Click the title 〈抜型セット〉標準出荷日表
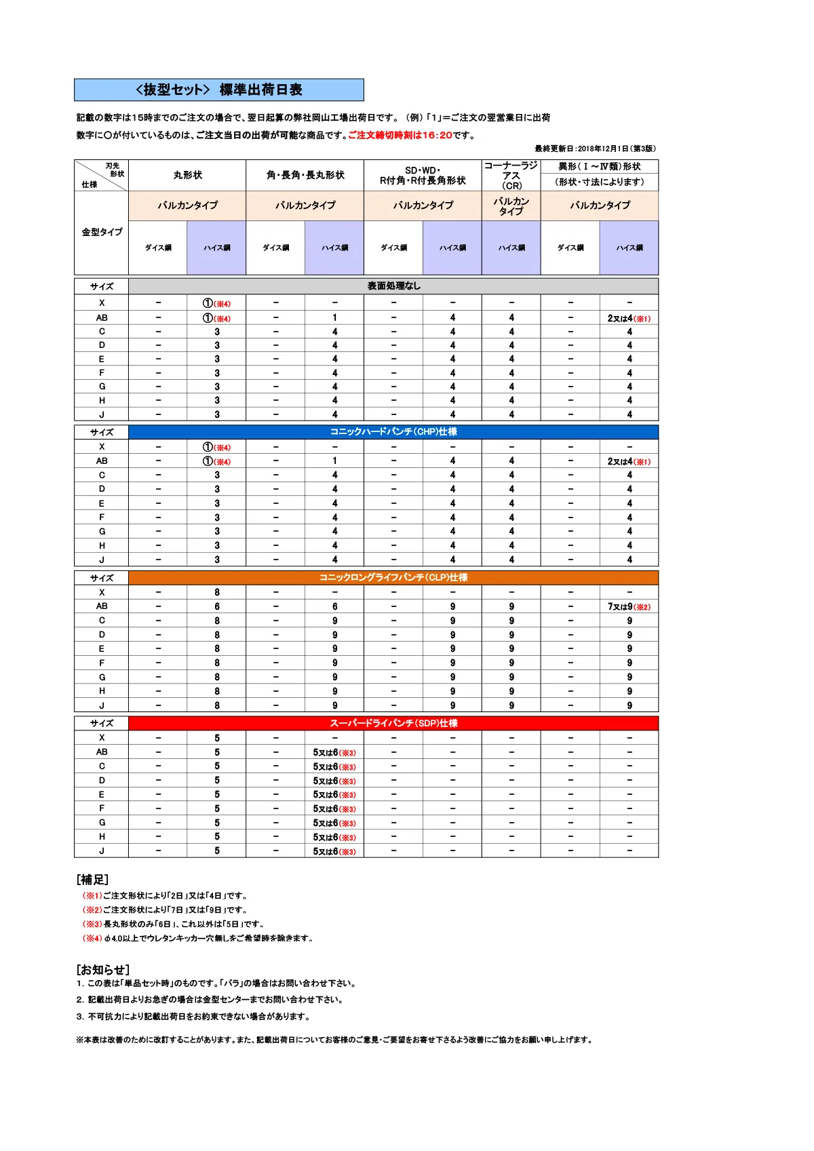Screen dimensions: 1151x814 click(218, 90)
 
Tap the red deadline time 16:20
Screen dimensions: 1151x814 click(437, 135)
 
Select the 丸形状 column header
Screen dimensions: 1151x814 click(187, 175)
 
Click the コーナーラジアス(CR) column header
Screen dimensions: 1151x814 click(511, 175)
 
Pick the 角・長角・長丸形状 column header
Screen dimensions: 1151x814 click(305, 175)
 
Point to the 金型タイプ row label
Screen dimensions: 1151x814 click(102, 232)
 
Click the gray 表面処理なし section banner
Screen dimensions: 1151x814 click(393, 286)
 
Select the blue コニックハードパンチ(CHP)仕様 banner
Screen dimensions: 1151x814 click(393, 431)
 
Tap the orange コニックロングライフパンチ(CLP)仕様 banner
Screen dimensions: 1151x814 click(393, 577)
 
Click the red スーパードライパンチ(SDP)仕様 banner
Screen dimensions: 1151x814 click(393, 723)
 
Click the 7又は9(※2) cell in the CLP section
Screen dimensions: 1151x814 click(629, 606)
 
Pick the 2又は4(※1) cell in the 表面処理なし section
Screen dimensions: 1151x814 click(629, 318)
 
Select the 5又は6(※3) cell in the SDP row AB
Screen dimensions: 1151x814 click(334, 752)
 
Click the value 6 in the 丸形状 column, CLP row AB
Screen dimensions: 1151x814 click(217, 606)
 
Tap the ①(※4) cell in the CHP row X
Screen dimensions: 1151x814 click(217, 447)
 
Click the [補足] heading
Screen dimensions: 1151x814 click(92, 880)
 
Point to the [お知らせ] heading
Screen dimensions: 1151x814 click(102, 969)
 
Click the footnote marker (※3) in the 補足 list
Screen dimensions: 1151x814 click(92, 924)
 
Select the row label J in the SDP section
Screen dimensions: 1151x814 click(102, 851)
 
